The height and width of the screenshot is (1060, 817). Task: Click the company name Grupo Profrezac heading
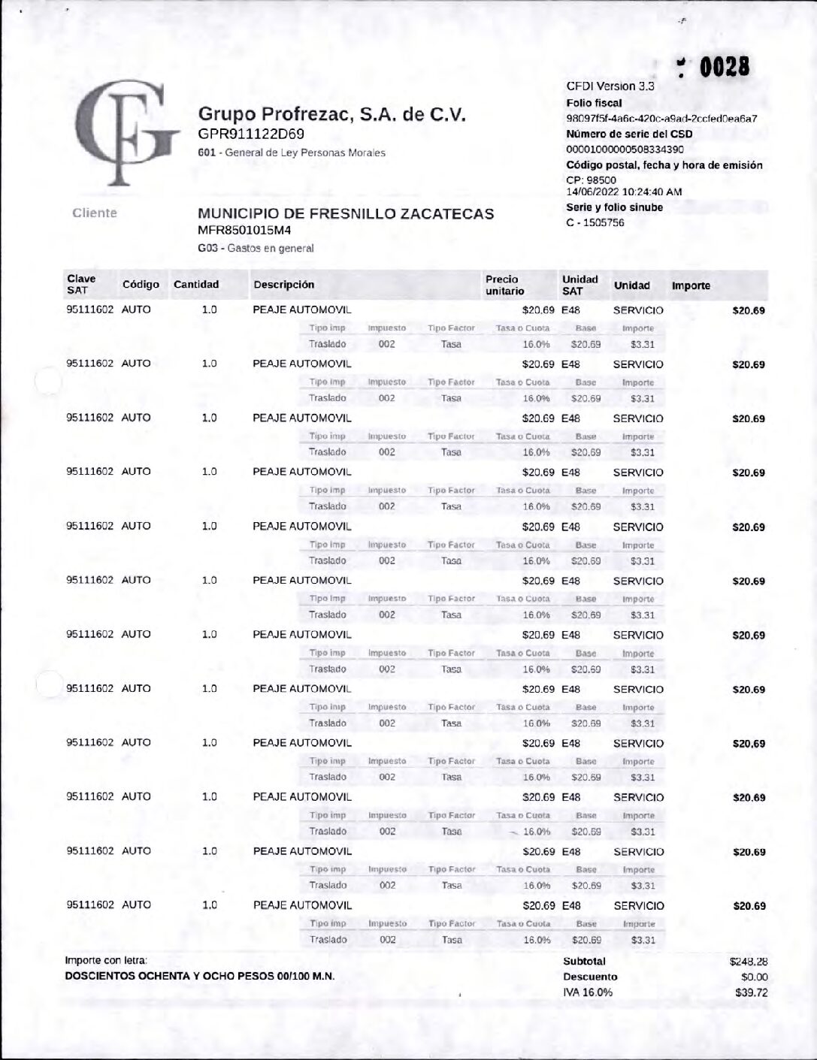click(331, 114)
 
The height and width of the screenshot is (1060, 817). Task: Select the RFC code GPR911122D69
click(251, 134)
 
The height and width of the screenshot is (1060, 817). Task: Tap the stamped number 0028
click(724, 68)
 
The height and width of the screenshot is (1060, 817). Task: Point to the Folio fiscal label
click(594, 103)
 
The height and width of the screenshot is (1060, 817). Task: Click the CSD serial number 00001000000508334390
click(625, 149)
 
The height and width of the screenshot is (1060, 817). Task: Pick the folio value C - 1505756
click(595, 223)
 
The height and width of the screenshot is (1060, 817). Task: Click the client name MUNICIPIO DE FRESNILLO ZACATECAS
click(346, 213)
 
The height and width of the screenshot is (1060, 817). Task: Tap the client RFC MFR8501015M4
click(244, 231)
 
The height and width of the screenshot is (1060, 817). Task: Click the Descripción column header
click(283, 285)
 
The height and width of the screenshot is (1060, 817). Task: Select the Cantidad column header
click(196, 285)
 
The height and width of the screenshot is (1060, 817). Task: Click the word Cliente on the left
click(95, 213)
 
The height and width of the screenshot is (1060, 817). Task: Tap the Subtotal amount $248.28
click(748, 962)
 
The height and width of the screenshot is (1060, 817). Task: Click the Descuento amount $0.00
click(754, 977)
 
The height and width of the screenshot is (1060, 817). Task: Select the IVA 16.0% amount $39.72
click(751, 993)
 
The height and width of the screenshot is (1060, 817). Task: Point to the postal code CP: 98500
click(591, 180)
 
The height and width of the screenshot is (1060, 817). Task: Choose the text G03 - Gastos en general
click(256, 249)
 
